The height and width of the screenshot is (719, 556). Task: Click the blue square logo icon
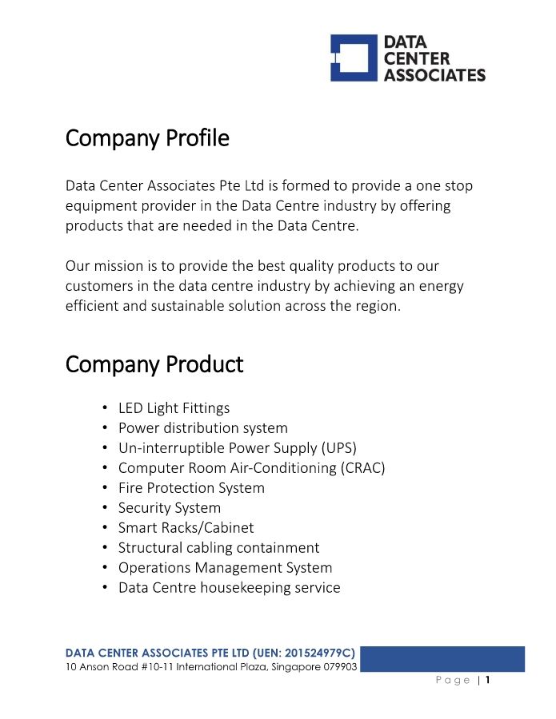(354, 58)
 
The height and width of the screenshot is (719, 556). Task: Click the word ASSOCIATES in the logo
(434, 75)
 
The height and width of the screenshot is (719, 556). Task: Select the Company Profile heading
(147, 138)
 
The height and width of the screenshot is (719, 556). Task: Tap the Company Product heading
(154, 364)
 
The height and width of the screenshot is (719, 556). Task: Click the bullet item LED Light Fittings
(174, 408)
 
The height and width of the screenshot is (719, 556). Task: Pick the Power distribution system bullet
(202, 428)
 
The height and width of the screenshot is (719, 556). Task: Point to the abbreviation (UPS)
(339, 448)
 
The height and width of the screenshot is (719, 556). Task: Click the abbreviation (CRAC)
(363, 468)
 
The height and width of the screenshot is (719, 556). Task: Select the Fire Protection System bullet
(191, 488)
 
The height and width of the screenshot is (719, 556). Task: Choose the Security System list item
(170, 508)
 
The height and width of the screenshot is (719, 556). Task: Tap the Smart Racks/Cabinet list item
(186, 528)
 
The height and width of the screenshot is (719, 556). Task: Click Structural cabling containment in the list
(218, 548)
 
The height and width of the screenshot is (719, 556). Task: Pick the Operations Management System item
(225, 568)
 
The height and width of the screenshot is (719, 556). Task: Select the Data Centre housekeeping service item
(229, 588)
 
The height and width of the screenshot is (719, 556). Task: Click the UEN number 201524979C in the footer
(318, 653)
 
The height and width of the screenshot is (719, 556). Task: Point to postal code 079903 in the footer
(340, 666)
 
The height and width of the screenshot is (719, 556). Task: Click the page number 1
(487, 681)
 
